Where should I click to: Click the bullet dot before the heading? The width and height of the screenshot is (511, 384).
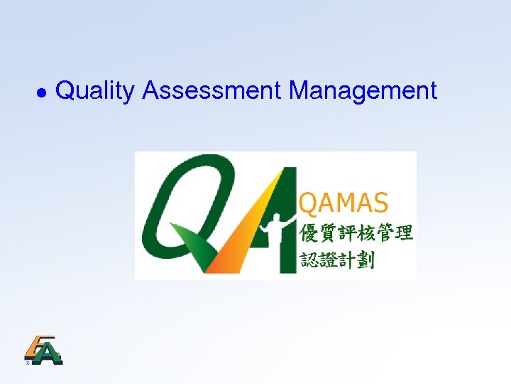pos(41,93)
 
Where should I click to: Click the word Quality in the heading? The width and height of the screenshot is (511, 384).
pos(94,91)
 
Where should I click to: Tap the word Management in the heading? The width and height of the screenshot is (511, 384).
pos(363,91)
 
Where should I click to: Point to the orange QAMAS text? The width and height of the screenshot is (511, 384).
pos(345,203)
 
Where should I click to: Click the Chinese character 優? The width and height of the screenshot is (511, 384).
pos(311,233)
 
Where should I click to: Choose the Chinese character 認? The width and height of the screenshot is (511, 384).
pos(311,260)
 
